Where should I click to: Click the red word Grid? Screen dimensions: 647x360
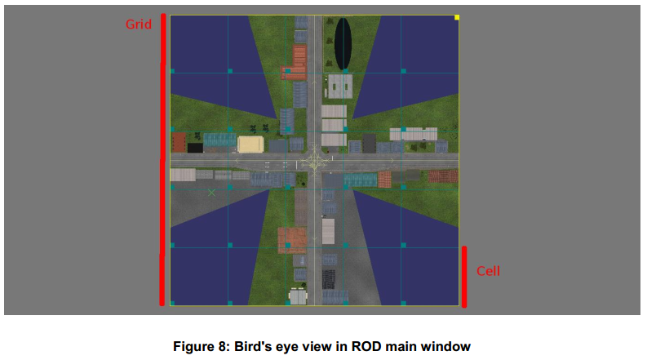138,24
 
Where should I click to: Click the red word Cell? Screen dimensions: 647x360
488,271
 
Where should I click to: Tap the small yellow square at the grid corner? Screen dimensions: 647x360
457,17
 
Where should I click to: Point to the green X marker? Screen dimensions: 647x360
211,193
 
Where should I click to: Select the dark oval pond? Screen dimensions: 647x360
343,43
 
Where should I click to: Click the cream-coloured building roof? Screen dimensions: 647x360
250,144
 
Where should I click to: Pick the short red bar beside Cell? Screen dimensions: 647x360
464,277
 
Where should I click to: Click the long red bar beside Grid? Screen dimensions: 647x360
162,160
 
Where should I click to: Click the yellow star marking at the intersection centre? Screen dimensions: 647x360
314,160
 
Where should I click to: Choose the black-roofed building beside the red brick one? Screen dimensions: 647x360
195,148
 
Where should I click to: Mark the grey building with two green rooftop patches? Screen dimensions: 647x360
340,87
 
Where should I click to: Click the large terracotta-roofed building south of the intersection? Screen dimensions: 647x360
292,239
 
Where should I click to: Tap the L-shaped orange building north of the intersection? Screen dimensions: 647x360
295,63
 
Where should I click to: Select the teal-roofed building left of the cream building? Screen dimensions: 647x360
220,140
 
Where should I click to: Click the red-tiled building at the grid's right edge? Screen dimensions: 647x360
443,176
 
